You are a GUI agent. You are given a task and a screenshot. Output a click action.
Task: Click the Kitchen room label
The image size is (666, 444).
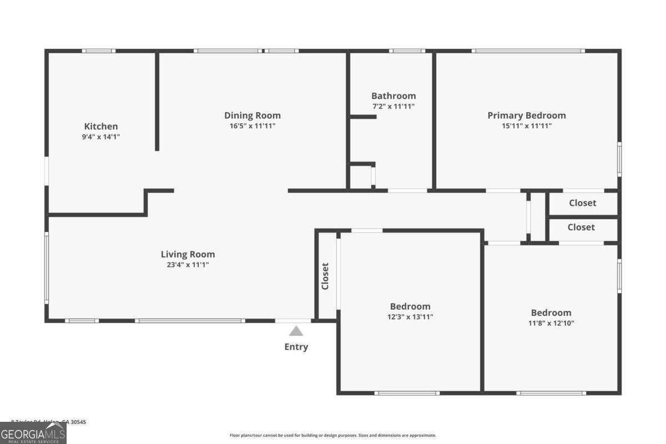[101, 127]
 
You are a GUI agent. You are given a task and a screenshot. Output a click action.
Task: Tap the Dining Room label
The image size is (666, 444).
[253, 115]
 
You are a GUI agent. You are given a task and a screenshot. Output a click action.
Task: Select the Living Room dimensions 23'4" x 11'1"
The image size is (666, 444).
[188, 265]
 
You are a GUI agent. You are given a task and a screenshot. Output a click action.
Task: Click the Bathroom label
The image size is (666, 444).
[393, 96]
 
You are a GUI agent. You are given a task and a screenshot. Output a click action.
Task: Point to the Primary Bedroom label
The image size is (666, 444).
[527, 115]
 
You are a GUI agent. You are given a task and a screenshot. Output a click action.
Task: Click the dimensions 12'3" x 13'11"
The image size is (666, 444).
[410, 317]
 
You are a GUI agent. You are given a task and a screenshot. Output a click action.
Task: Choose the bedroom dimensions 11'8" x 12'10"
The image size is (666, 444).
[551, 323]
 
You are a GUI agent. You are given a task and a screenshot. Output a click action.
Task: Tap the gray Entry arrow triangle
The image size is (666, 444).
[296, 331]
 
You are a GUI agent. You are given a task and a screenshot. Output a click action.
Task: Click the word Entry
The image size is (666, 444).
[296, 347]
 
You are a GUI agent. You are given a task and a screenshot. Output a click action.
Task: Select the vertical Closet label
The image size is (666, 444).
[325, 276]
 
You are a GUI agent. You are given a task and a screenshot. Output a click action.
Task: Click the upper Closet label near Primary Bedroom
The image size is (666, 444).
[583, 203]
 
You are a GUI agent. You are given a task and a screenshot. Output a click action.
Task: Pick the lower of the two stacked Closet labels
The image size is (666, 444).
[581, 227]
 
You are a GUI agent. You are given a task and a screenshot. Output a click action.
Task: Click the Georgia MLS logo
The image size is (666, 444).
[33, 433]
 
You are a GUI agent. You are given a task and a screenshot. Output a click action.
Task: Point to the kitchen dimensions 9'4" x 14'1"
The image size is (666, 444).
[101, 136]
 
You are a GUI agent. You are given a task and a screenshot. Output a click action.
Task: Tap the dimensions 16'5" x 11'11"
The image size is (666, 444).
[253, 125]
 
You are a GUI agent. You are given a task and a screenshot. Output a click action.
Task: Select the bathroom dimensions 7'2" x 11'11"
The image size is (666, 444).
[393, 106]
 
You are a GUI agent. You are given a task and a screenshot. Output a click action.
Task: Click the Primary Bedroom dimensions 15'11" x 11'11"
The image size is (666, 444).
[527, 125]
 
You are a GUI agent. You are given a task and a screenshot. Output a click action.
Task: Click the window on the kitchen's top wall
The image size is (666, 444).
[99, 51]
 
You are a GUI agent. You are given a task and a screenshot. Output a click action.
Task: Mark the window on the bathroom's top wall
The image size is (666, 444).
[407, 51]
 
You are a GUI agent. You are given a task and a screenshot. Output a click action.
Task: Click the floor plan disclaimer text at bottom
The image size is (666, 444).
[333, 436]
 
